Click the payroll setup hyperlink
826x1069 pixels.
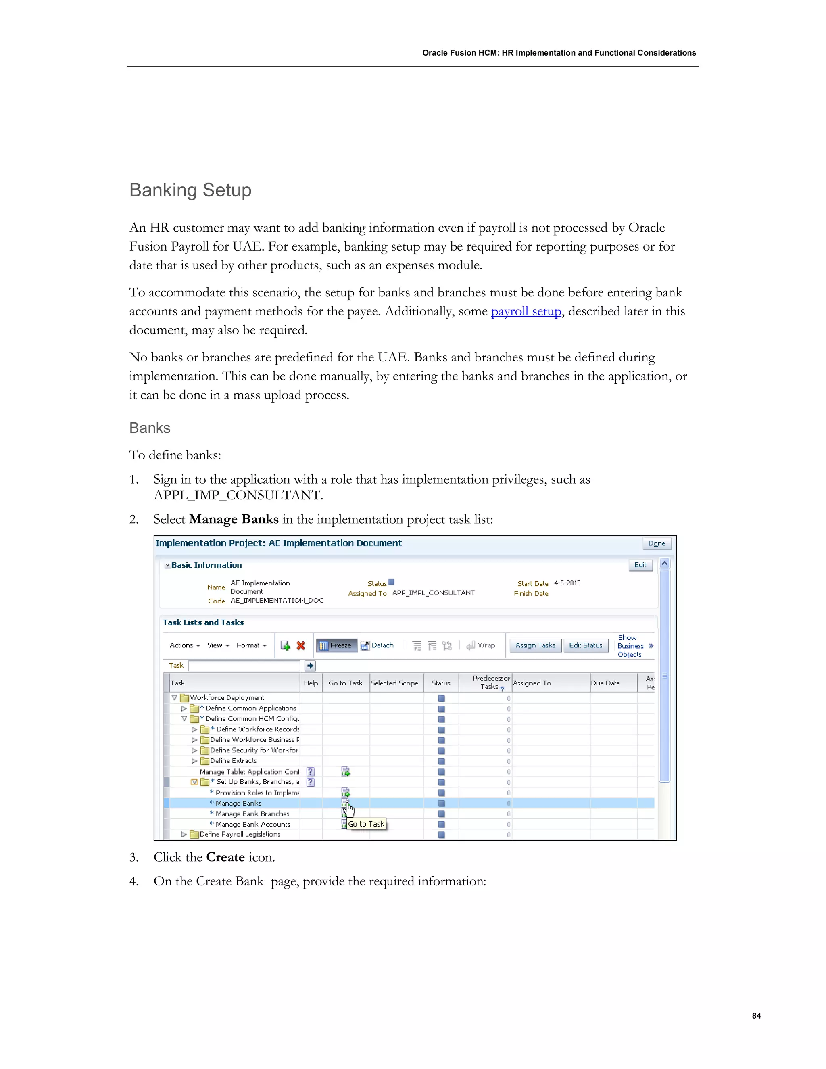click(526, 311)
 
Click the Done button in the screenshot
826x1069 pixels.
click(656, 543)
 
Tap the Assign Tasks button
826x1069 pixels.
click(535, 645)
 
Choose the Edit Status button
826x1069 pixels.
click(585, 645)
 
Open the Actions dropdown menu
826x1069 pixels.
click(184, 645)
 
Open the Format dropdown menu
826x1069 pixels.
click(251, 645)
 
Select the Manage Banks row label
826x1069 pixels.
click(238, 803)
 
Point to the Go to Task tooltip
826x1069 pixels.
click(366, 824)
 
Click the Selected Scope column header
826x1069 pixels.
click(394, 683)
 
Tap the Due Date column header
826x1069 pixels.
click(605, 683)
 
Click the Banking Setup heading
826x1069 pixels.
click(190, 190)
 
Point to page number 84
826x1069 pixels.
click(756, 1016)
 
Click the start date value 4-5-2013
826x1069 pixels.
click(567, 583)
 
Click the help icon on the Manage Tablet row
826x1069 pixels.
click(311, 772)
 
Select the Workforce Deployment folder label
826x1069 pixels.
click(227, 698)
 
